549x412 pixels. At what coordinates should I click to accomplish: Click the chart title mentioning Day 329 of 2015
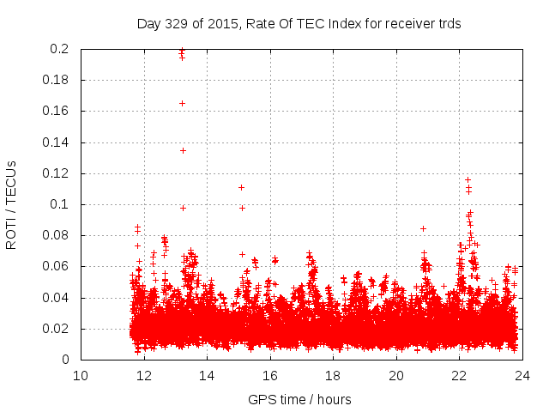(x=299, y=24)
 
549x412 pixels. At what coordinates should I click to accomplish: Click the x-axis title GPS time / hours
(x=299, y=399)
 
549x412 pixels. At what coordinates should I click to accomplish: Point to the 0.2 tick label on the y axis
(x=59, y=49)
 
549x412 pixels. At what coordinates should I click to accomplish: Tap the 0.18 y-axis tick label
(x=56, y=80)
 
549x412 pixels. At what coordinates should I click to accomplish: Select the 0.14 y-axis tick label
(x=56, y=142)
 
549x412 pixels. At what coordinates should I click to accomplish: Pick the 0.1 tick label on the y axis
(x=59, y=204)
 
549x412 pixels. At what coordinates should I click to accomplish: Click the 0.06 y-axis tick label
(x=56, y=267)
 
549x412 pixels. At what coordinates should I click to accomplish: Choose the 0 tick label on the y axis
(x=66, y=360)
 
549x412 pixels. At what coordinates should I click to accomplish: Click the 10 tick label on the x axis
(x=81, y=376)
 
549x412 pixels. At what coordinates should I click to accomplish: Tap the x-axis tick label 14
(x=207, y=376)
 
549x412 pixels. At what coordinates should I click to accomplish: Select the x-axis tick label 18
(x=333, y=376)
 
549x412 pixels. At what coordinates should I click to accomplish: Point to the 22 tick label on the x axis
(x=459, y=376)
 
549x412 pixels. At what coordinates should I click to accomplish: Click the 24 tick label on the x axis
(x=522, y=376)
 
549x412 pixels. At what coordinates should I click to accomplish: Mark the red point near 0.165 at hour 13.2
(x=182, y=103)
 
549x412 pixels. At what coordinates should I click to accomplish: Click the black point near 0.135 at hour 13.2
(x=183, y=150)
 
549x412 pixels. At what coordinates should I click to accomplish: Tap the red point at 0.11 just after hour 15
(x=241, y=187)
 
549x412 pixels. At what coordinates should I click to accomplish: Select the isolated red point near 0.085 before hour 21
(x=423, y=228)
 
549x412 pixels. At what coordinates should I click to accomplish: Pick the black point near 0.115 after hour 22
(x=468, y=179)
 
